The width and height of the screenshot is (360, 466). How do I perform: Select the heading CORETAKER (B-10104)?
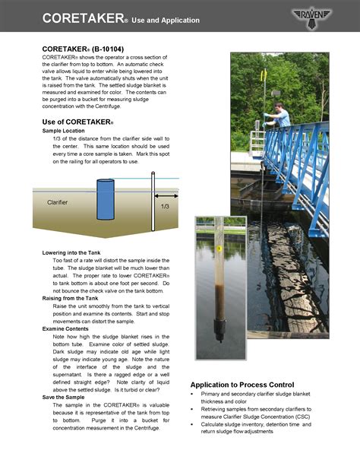click(78, 48)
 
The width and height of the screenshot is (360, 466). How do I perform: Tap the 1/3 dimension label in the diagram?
click(165, 206)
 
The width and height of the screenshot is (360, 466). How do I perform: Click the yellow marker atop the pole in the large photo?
click(263, 75)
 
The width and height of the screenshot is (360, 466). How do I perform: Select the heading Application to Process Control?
click(247, 385)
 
